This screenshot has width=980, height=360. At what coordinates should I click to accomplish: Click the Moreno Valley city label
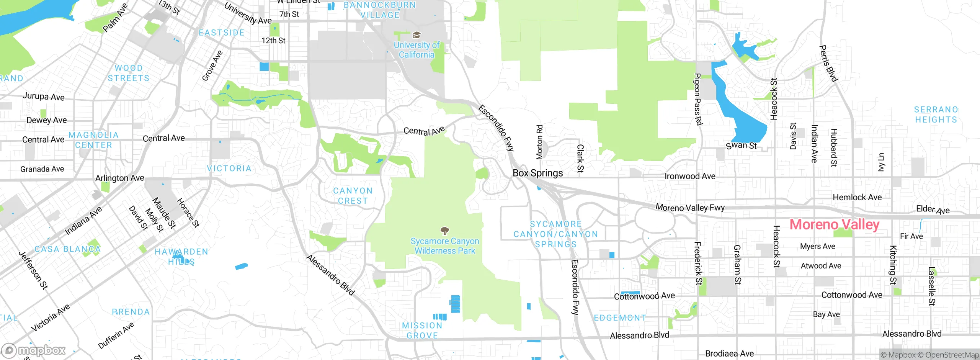[835, 224]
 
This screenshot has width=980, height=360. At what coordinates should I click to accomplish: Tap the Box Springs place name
[537, 173]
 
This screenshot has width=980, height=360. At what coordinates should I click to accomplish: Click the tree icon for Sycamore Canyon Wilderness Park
[444, 231]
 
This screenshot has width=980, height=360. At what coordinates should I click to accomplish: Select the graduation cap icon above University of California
[416, 36]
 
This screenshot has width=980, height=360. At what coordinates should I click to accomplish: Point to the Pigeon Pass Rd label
[697, 99]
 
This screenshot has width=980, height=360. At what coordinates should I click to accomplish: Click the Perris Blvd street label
[828, 64]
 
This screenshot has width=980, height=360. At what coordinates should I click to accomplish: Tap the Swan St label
[741, 146]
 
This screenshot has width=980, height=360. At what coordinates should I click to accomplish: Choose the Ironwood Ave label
[690, 176]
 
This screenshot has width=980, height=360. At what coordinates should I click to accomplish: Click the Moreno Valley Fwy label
[690, 208]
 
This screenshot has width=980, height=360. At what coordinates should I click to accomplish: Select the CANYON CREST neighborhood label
[353, 196]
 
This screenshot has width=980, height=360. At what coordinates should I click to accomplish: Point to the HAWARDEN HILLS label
[181, 257]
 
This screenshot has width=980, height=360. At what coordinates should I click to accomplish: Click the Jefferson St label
[33, 270]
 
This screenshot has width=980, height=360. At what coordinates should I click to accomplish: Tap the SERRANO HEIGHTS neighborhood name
[936, 115]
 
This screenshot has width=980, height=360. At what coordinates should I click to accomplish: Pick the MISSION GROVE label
[422, 331]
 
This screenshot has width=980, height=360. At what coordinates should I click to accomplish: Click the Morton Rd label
[539, 142]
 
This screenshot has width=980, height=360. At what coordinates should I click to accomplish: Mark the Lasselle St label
[932, 286]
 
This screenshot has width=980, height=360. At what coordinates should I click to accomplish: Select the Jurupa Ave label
[43, 96]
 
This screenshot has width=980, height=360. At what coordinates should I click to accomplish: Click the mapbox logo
[34, 350]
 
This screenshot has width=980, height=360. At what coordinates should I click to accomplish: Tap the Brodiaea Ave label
[729, 353]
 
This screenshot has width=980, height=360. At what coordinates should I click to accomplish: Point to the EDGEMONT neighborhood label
[620, 318]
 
